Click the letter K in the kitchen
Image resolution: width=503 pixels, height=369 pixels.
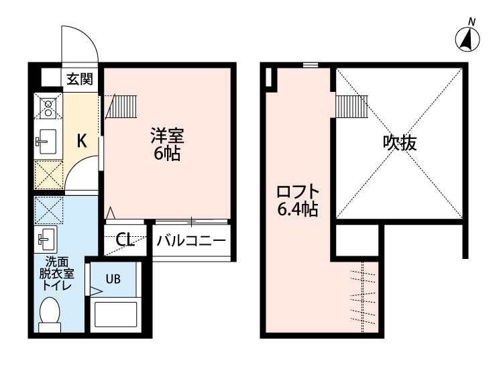pos(80,141)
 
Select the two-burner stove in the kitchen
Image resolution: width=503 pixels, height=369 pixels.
pos(49,107)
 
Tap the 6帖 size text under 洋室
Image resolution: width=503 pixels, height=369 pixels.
pos(166,154)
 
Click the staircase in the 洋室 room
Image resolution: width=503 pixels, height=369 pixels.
pos(123,105)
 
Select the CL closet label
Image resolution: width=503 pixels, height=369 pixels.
pos(125,240)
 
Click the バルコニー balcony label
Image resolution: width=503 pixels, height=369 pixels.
pos(191,240)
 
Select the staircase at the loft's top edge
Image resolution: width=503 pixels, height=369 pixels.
pos(349,105)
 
